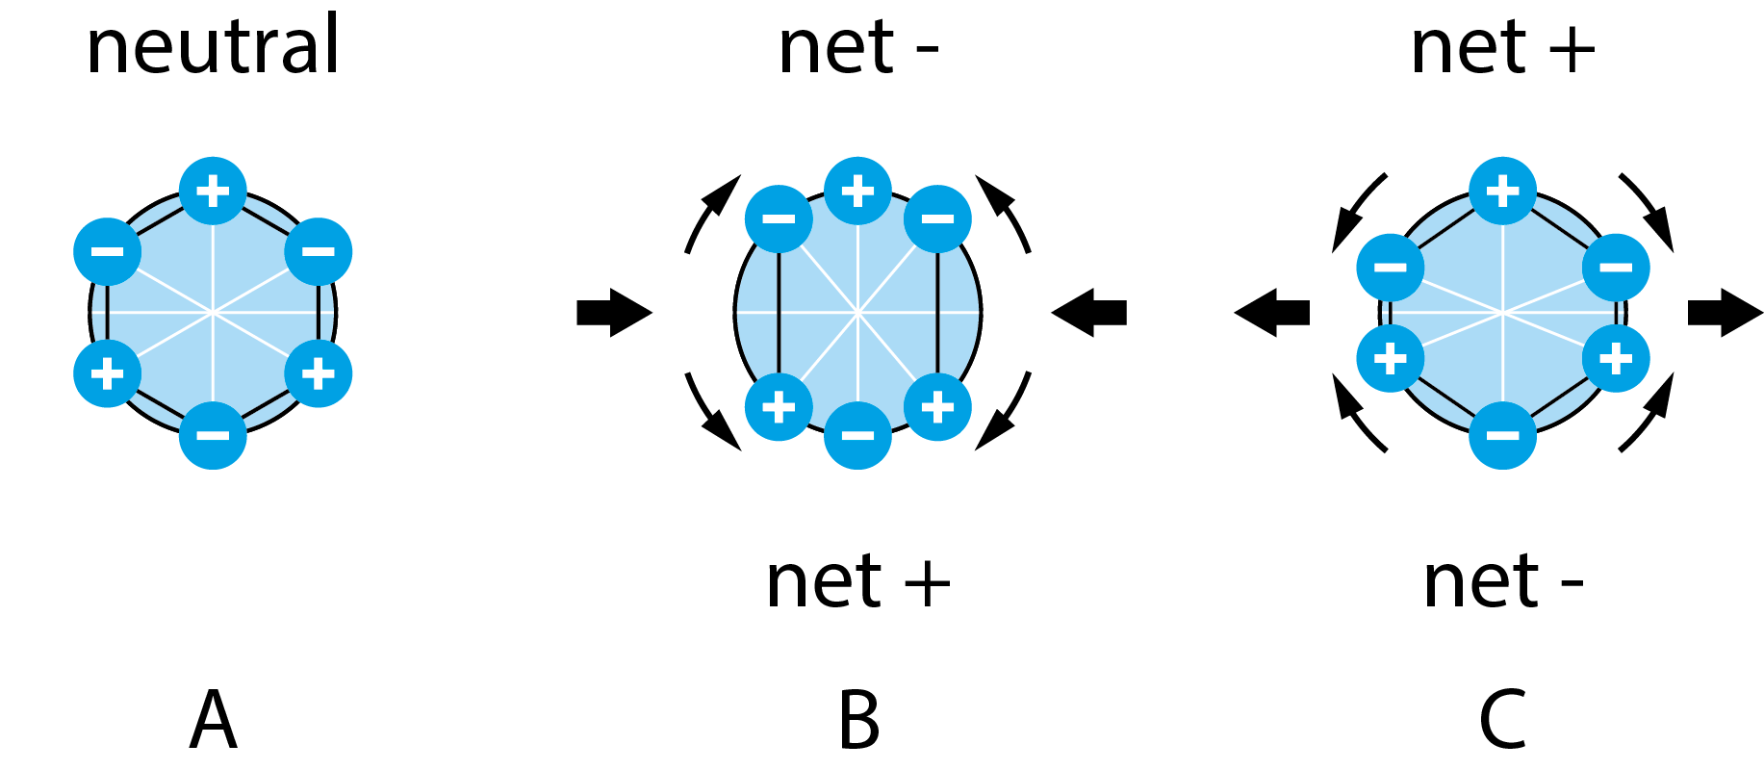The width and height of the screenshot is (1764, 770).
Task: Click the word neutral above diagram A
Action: (x=213, y=47)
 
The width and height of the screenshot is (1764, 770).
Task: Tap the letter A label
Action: (x=213, y=720)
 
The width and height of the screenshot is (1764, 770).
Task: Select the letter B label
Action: (x=858, y=720)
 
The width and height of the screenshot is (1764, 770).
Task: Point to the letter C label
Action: (x=1502, y=720)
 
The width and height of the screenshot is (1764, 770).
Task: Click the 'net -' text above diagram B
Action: (x=857, y=48)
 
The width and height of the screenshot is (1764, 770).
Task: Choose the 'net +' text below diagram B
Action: (x=857, y=582)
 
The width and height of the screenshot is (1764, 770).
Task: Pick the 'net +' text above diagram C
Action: (x=1502, y=48)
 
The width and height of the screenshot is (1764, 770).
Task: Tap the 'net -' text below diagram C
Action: (x=1502, y=582)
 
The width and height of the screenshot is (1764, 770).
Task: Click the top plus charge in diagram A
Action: (x=213, y=191)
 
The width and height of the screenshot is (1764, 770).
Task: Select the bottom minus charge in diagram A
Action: (x=213, y=435)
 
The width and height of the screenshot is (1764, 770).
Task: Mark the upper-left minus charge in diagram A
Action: (x=108, y=252)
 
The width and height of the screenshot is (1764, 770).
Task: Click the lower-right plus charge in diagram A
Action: (x=319, y=373)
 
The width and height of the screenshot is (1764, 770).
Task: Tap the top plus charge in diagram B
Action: (x=857, y=191)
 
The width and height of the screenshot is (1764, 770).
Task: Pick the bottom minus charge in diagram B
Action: (x=857, y=435)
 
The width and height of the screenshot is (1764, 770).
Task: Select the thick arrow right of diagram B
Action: (x=1089, y=313)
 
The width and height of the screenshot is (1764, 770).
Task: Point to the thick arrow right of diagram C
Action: (x=1725, y=313)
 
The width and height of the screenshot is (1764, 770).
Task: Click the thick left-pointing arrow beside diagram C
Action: (x=1272, y=313)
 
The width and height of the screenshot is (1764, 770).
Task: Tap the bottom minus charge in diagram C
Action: (x=1502, y=435)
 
